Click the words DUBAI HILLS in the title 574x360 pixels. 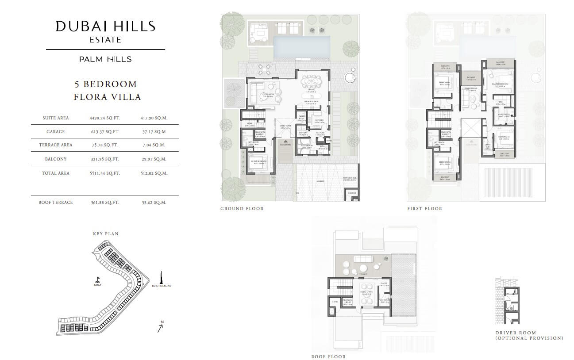pos(105,27)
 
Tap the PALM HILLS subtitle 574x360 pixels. pos(105,59)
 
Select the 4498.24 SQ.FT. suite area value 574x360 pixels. pos(104,118)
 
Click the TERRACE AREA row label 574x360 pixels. pos(56,145)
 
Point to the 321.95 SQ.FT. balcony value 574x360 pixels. pos(104,159)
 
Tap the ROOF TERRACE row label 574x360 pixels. pos(56,203)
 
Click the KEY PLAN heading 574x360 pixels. pos(105,234)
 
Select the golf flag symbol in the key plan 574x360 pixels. pos(97,280)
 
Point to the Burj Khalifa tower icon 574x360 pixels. pos(162,277)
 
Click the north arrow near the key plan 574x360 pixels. pos(161,327)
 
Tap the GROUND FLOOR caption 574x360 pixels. pos(242,209)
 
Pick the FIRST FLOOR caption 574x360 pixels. pos(424,209)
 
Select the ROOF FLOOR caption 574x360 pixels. pos(328,356)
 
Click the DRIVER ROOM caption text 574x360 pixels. pos(516,333)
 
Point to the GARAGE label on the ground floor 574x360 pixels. pos(320,181)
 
